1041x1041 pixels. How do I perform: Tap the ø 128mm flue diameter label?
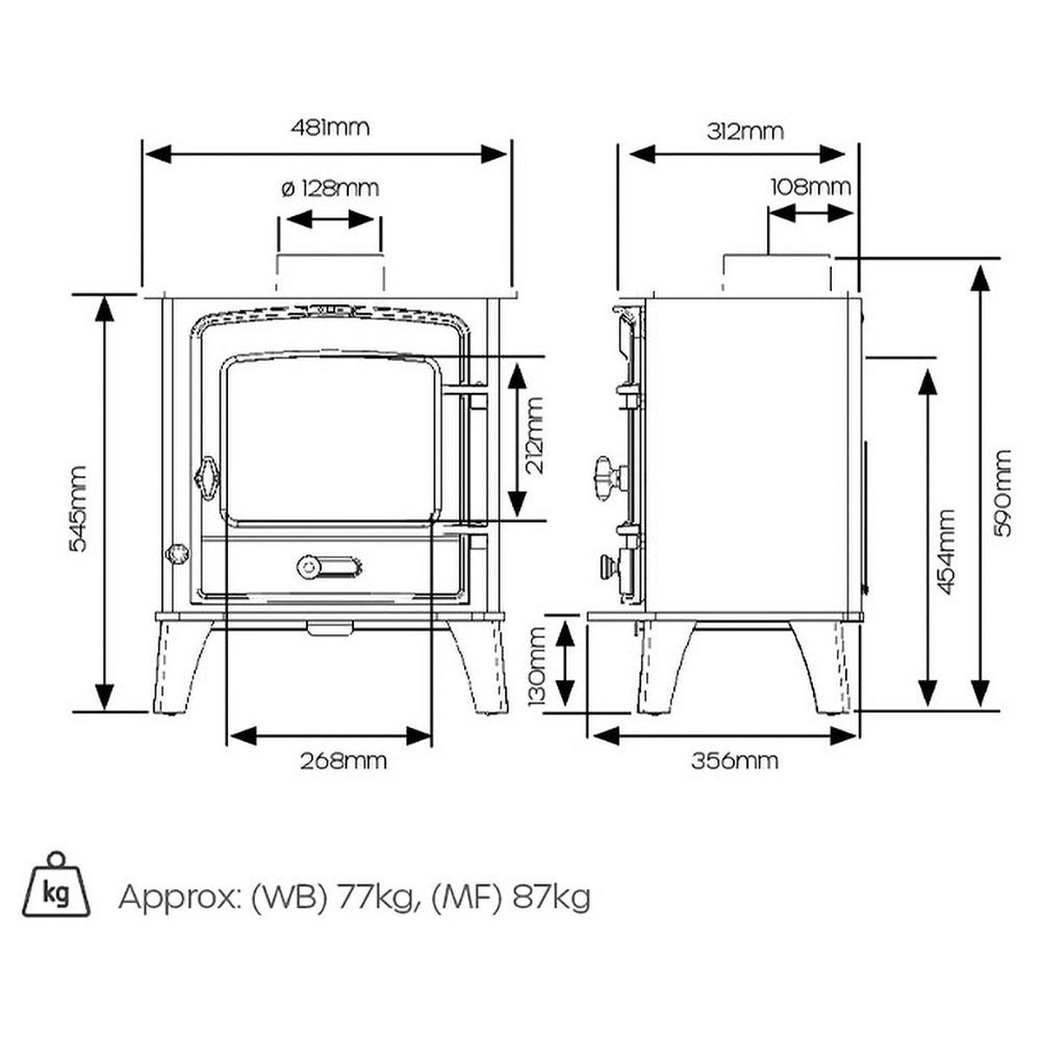pos(331,187)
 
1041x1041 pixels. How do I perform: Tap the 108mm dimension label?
pos(810,187)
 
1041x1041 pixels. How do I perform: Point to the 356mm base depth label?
pos(735,762)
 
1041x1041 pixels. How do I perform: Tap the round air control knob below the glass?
pos(308,566)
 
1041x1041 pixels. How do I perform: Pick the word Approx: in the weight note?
pos(179,897)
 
